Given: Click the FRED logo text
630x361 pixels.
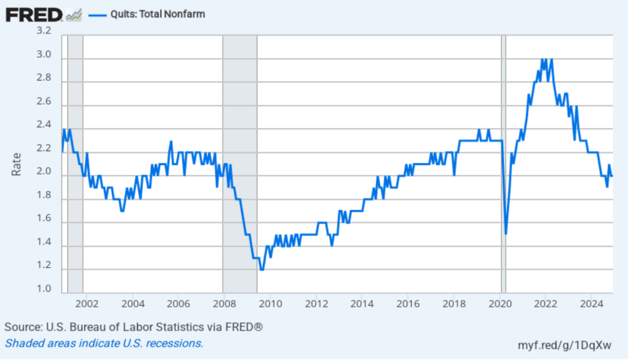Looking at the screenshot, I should point(34,14).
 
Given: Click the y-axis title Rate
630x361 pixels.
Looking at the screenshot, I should point(17,164).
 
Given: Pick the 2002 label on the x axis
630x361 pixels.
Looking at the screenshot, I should point(87,304).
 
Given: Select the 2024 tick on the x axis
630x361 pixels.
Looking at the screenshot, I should point(591,304).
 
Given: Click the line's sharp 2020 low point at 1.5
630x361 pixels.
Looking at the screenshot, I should point(506,233).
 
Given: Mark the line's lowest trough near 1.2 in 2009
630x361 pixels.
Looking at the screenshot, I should point(261,269).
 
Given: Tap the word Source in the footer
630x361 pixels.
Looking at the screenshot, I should point(22,327).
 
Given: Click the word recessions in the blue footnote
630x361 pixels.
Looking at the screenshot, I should point(177,343).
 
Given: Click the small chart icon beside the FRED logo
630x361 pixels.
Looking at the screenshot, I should point(73,14).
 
